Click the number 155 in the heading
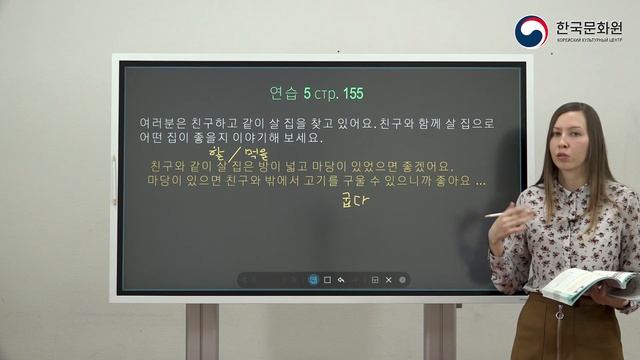coord(352,94)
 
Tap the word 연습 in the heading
coord(285,94)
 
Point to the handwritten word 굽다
coord(356,202)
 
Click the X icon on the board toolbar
coord(388,280)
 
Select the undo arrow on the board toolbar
coord(342,280)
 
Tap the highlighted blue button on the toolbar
coord(313,280)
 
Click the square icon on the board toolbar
coord(327,280)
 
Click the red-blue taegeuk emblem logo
coord(531,31)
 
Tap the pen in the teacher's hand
coord(498,213)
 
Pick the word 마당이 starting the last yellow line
coord(168,182)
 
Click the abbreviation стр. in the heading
coord(323,94)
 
